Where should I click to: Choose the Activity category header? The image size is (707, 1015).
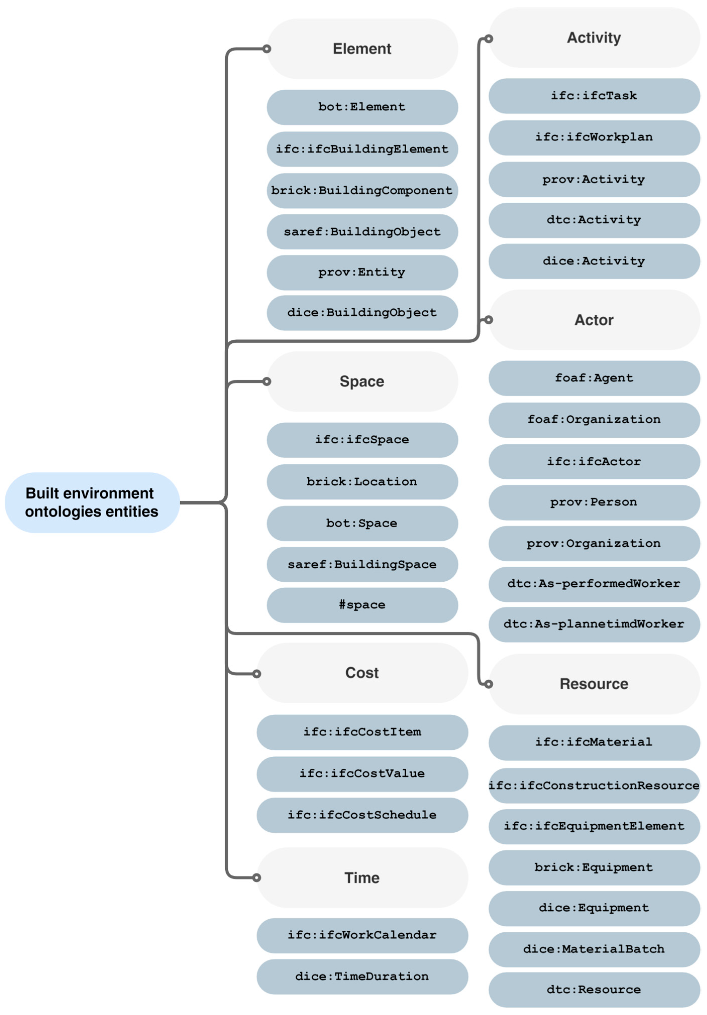point(593,38)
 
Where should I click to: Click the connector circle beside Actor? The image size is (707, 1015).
point(488,320)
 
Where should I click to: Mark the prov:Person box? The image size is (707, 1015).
point(593,502)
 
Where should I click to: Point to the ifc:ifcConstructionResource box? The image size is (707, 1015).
point(593,785)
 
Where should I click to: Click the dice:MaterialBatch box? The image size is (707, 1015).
point(593,949)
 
